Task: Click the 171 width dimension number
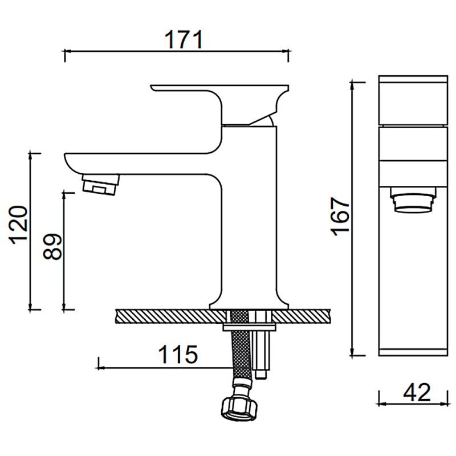(183, 39)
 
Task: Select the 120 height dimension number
(19, 225)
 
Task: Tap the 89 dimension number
(52, 246)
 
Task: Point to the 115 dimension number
(178, 354)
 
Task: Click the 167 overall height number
(340, 217)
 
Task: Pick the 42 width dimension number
(417, 392)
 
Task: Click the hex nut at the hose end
(239, 409)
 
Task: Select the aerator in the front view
(413, 200)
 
